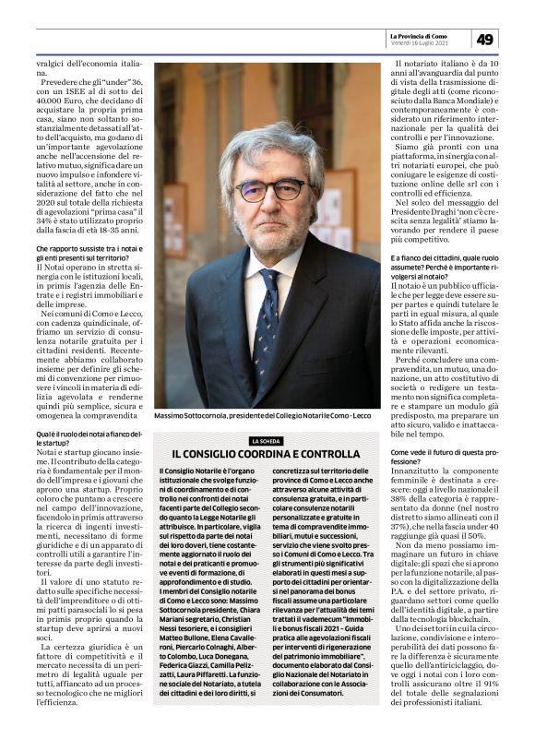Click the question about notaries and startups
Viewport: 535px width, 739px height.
coord(77,437)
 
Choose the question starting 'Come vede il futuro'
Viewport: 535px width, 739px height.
coord(446,457)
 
